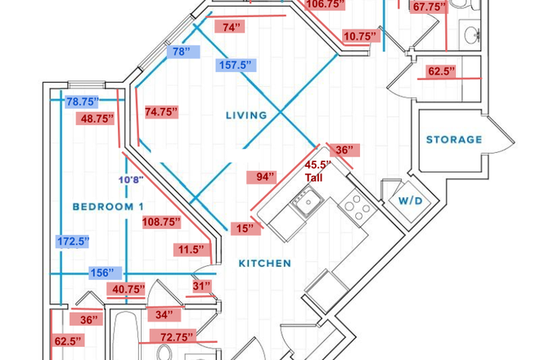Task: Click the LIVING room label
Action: pos(245,115)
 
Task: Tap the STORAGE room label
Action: pos(453,140)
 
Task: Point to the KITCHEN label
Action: pos(264,263)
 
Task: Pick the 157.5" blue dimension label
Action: pos(236,65)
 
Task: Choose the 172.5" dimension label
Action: pos(73,241)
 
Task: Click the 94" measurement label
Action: pos(265,176)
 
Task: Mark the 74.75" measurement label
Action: pos(161,112)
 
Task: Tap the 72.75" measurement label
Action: pos(173,337)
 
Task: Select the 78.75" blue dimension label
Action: pos(82,102)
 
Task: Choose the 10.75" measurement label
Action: pos(360,36)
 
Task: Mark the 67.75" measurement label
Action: pos(430,7)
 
